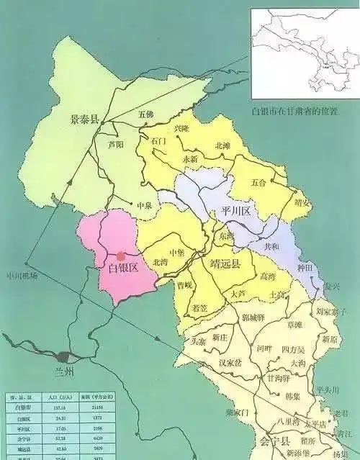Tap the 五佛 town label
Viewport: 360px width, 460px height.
tap(146, 114)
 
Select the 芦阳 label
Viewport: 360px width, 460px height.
tap(115, 143)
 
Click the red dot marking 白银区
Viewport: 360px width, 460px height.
tap(121, 256)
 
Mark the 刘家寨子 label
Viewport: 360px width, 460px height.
tap(332, 312)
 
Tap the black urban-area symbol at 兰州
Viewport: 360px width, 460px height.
tap(64, 356)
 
